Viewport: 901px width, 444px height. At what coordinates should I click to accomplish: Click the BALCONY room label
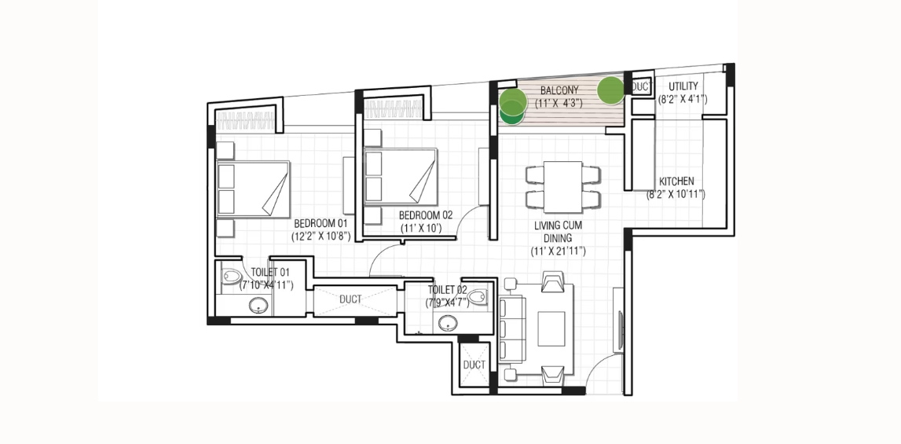559,91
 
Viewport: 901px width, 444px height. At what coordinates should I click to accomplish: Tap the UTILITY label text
683,87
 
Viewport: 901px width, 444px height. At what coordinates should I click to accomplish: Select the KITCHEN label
676,182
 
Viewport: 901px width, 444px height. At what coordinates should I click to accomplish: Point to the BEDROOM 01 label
320,223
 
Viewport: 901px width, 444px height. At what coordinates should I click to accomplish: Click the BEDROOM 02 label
426,215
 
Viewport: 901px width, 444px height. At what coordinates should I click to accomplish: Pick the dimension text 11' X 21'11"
559,251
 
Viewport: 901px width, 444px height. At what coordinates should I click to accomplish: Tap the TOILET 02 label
447,291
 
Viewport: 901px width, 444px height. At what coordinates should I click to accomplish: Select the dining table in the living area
562,187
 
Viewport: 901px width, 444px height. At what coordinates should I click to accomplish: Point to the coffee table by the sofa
551,328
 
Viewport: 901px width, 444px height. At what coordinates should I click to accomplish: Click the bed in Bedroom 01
253,189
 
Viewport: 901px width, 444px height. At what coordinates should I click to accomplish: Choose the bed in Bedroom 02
401,176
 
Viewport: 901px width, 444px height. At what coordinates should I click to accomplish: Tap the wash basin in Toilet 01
260,306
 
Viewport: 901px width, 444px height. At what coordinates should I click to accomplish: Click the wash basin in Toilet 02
449,323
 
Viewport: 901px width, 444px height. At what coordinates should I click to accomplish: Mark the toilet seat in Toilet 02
478,297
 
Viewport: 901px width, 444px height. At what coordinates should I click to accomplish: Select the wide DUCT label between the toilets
350,299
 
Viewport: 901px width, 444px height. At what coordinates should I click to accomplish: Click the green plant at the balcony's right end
610,90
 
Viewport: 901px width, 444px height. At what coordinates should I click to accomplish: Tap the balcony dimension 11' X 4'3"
559,104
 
